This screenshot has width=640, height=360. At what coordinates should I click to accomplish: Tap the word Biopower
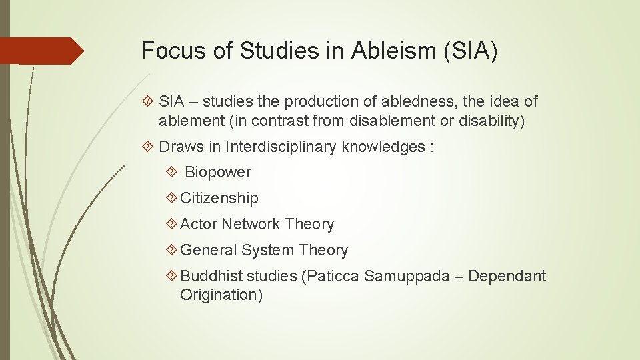pyautogui.click(x=218, y=172)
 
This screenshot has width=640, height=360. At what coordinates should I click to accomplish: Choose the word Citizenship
pyautogui.click(x=219, y=198)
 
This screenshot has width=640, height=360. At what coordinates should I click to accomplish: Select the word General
pyautogui.click(x=209, y=250)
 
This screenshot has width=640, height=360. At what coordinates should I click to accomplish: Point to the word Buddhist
pyautogui.click(x=211, y=276)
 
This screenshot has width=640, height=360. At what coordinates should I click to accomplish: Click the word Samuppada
pyautogui.click(x=407, y=276)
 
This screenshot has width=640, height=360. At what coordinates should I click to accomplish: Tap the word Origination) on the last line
pyautogui.click(x=221, y=295)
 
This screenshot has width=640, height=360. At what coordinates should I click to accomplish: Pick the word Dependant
pyautogui.click(x=507, y=276)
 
